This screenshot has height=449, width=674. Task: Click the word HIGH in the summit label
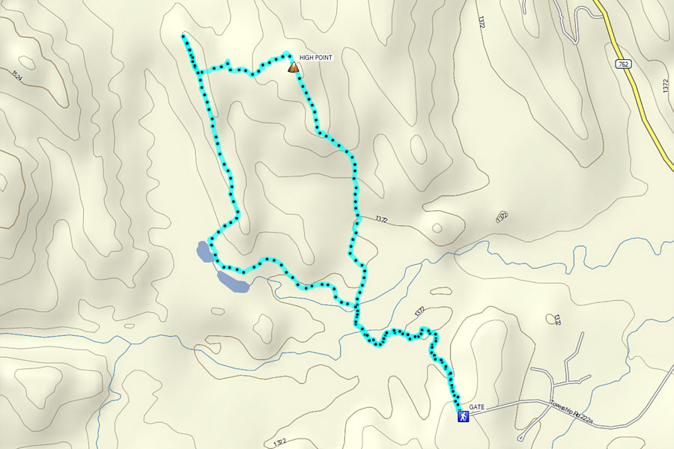coord(306,57)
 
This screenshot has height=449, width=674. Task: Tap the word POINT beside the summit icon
coord(323,57)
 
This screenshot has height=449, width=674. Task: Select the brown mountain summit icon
coord(294,68)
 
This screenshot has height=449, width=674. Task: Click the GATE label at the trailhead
coord(477,408)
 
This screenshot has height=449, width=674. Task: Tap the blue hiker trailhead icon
coord(464,417)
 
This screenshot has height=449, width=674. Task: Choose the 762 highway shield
coord(623,64)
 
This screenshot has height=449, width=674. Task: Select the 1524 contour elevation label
coord(16,75)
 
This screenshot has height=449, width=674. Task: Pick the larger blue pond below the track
coord(232,281)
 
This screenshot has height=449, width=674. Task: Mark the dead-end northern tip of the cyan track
coord(183,35)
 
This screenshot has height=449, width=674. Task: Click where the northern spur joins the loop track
coord(198,73)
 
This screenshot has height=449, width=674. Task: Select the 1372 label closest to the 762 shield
coord(664,87)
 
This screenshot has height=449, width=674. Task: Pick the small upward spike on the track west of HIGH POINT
coord(227,62)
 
